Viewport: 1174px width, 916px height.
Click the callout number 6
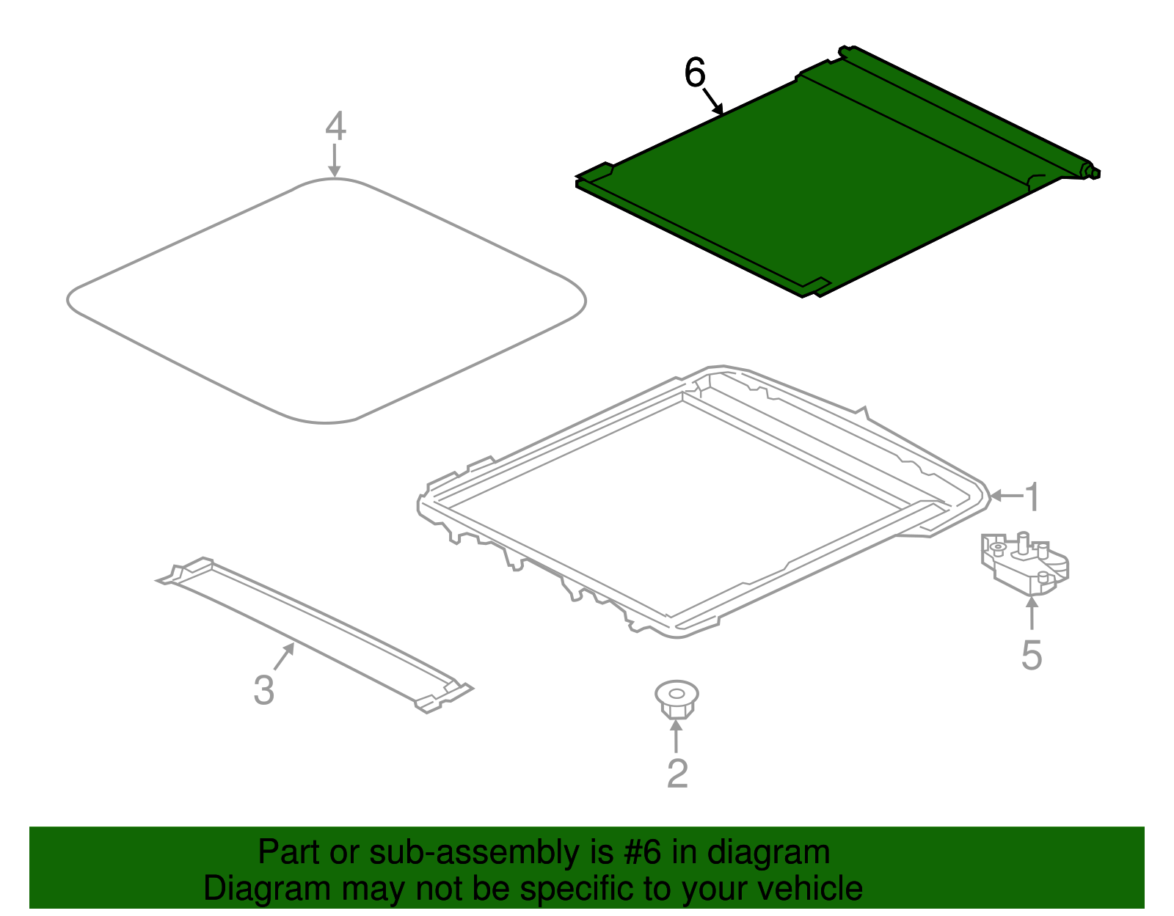(695, 73)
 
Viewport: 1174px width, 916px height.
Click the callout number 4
(335, 125)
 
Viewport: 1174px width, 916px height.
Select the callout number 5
(1032, 656)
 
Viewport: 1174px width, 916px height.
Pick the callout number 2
(677, 773)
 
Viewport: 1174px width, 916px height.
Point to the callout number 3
(264, 690)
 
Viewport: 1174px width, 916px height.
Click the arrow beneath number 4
(335, 161)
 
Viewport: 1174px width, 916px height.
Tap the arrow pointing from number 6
(713, 102)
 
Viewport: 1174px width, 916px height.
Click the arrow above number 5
(1032, 613)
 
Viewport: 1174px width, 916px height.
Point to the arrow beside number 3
(284, 656)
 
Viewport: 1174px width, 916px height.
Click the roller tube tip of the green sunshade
(1090, 172)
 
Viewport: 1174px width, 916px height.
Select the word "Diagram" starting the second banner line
(266, 890)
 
